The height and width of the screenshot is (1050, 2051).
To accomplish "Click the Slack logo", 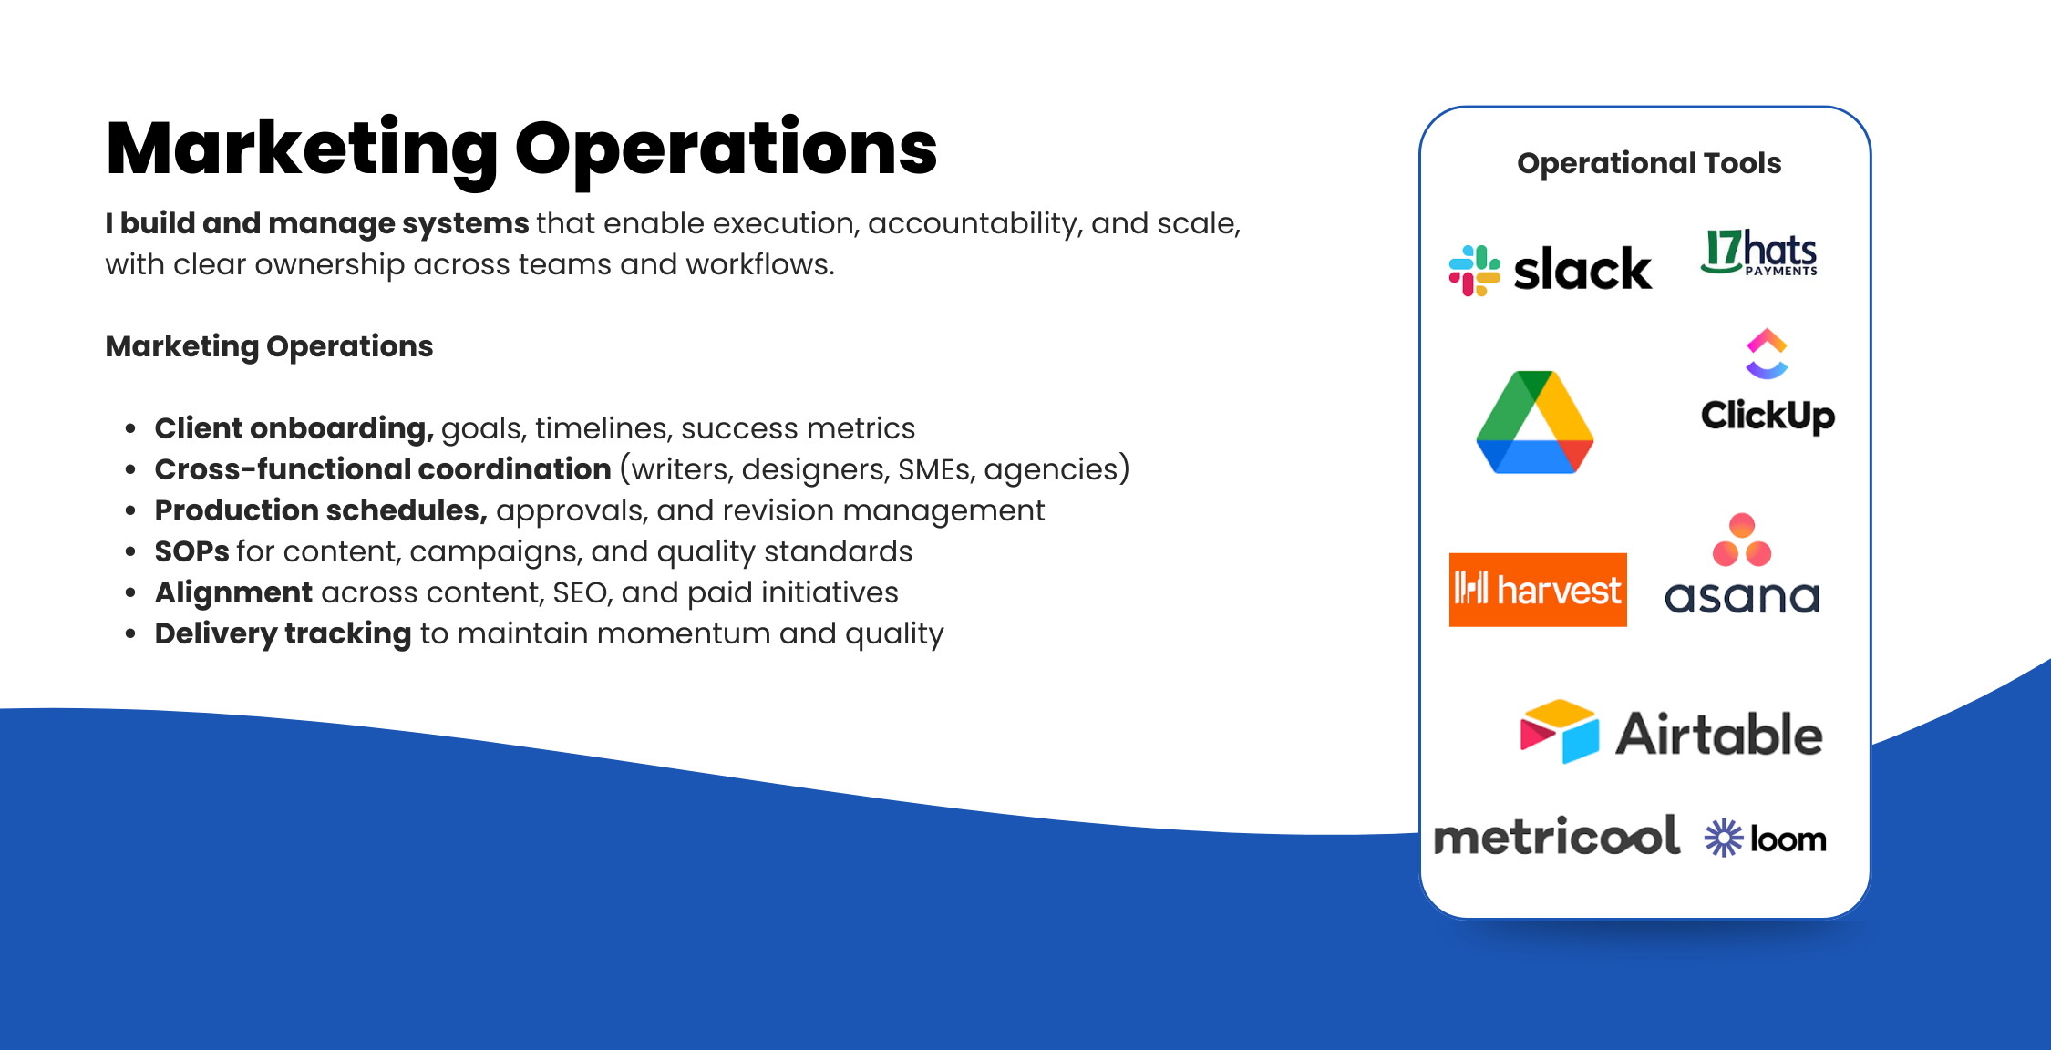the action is [1550, 270].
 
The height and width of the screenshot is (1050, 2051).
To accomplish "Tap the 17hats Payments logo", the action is [1759, 252].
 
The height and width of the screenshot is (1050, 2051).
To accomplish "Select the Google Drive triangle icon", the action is [1535, 422].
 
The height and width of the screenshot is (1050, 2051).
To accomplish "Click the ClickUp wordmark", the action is [1768, 416].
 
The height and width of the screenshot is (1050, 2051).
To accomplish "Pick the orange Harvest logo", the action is [1538, 590].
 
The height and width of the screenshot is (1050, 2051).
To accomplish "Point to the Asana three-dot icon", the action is [1742, 540].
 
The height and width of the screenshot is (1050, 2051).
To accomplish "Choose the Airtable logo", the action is [1671, 732].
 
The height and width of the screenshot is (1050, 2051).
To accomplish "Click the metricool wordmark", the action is [1557, 836].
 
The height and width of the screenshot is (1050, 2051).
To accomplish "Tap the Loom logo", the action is [1766, 839].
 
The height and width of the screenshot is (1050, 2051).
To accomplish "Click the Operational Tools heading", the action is [1649, 163].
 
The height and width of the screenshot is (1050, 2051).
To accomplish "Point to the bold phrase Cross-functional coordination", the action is [383, 469].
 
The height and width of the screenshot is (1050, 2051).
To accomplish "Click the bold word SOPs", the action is [191, 551].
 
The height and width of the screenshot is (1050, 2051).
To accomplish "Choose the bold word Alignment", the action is [233, 593].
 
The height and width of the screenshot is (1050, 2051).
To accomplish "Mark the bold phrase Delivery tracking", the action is [283, 634].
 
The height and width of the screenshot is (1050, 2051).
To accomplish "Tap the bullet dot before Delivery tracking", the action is [131, 633].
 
